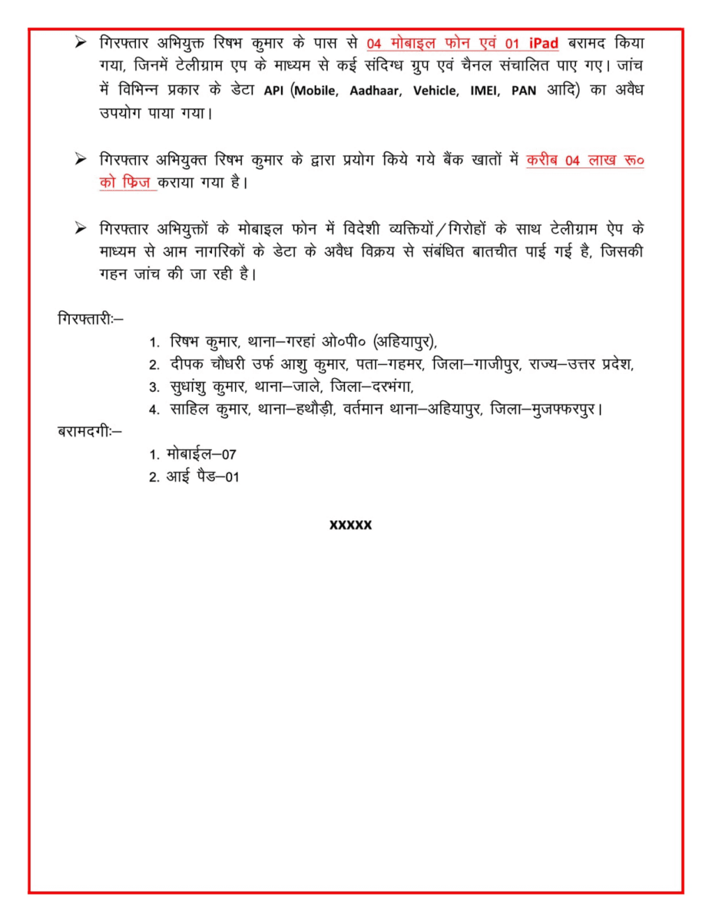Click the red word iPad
pos(543,42)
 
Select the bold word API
pos(274,91)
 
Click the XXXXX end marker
pos(350,525)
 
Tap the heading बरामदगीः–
pos(89,431)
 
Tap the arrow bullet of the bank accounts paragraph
pos(80,160)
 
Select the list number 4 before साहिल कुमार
pos(154,410)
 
